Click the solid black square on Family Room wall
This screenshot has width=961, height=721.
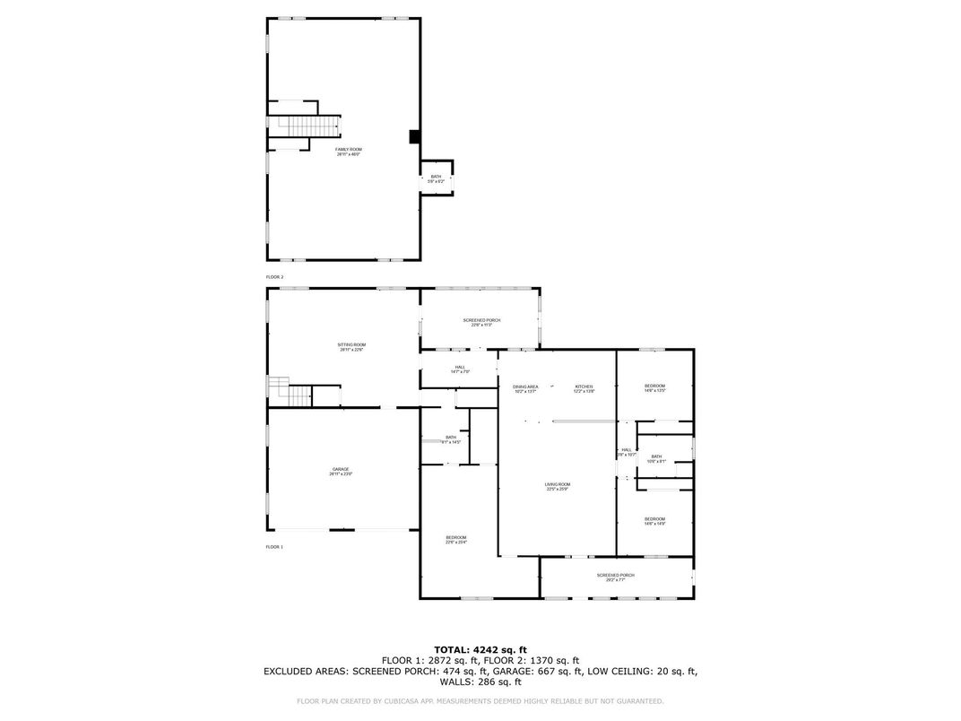(414, 136)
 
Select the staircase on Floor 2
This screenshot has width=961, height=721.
(305, 125)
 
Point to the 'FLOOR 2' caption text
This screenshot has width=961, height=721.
(274, 277)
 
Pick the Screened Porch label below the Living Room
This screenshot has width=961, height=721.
(616, 577)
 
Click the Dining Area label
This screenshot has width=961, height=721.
(525, 388)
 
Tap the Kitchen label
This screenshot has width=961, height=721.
(584, 388)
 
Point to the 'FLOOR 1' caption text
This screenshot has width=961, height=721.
(274, 546)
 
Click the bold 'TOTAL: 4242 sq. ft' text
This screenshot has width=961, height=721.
(480, 649)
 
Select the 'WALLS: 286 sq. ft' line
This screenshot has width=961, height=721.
(480, 682)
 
